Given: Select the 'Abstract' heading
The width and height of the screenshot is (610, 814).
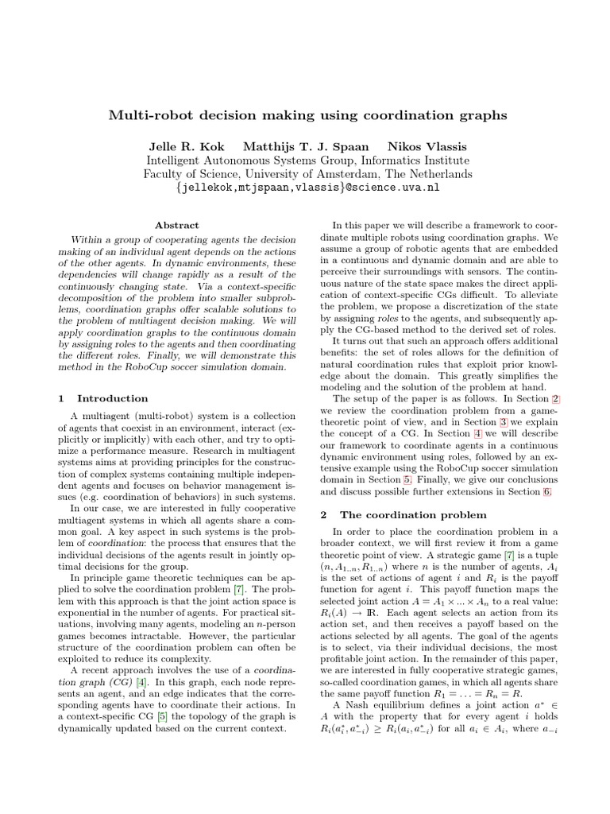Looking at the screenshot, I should (177, 226).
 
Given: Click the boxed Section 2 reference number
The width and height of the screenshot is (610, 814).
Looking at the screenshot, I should (556, 398).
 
